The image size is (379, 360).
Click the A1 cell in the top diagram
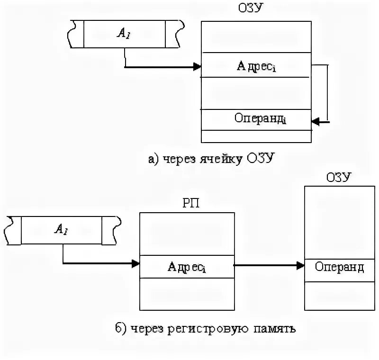tap(125, 34)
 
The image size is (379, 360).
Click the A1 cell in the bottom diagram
tap(62, 230)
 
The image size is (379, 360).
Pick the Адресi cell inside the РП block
tap(187, 267)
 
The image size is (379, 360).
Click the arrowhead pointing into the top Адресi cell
tap(198, 67)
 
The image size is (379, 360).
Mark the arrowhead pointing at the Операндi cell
tap(315, 122)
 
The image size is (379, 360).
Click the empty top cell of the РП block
tap(187, 234)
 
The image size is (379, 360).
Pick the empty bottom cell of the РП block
tap(187, 294)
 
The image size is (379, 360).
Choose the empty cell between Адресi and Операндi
tap(256, 93)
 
